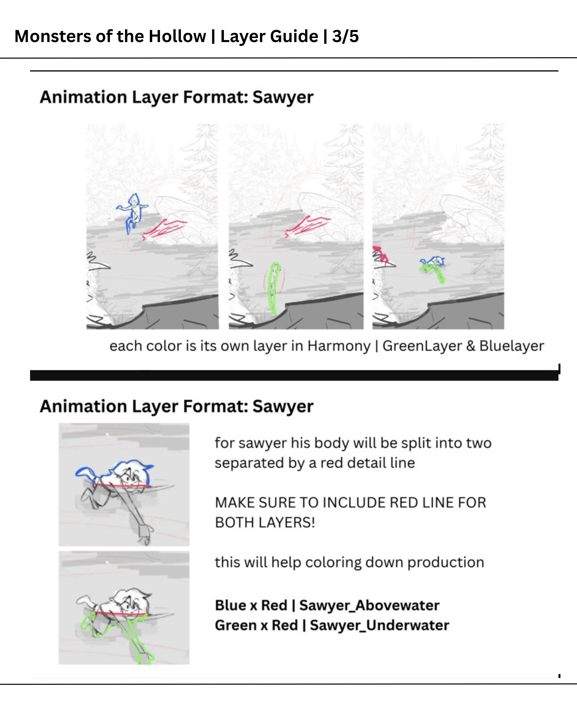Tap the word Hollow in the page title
(177, 36)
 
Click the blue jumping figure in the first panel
(132, 213)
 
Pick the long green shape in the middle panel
(274, 288)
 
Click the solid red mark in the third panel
(380, 255)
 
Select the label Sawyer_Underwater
(379, 626)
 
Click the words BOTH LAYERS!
(265, 523)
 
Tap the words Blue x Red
(251, 606)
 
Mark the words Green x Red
(256, 625)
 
